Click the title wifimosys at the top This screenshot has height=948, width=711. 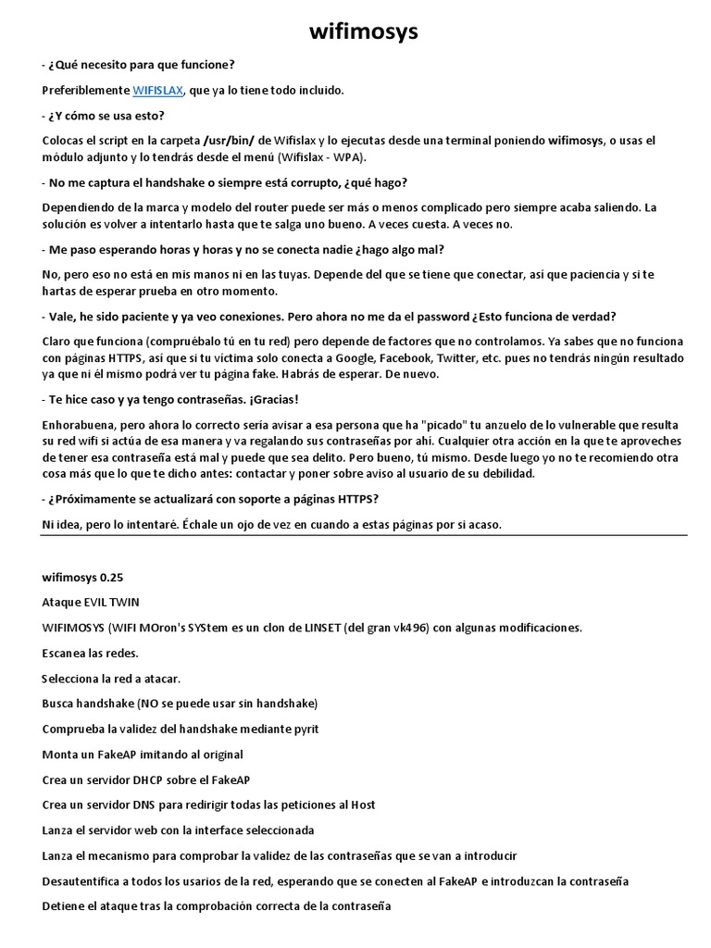point(363,32)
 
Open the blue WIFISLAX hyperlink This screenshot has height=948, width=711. point(158,90)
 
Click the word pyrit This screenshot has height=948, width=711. point(303,729)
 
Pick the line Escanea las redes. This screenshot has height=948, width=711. point(87,653)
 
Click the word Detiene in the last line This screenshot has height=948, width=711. point(65,905)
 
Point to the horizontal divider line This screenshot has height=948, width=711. point(364,534)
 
